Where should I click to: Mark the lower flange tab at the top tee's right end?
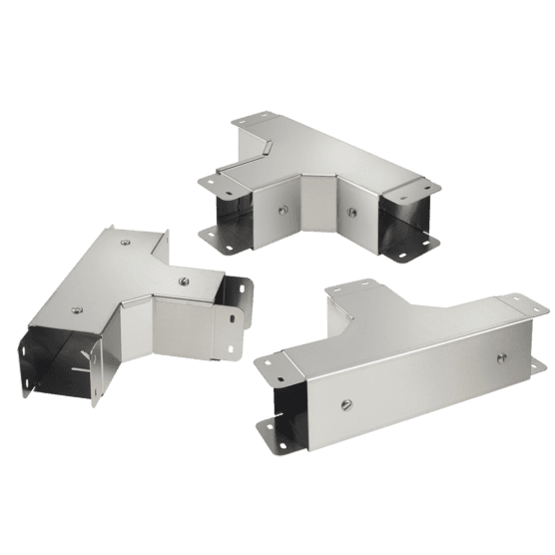(410, 252)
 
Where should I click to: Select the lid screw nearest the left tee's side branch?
(184, 280)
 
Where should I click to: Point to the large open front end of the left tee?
(60, 364)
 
